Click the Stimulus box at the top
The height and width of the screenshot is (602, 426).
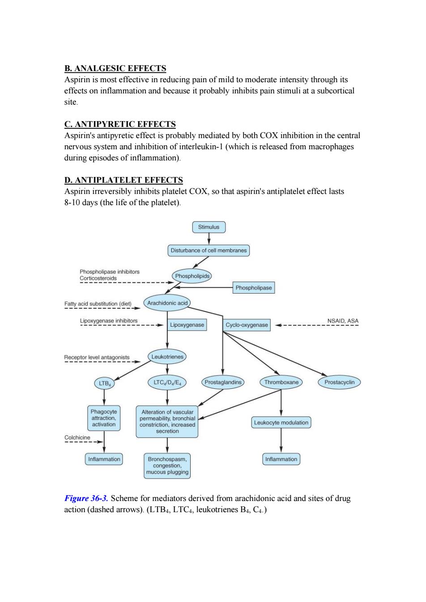pos(209,227)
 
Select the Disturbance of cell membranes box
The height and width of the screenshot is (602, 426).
pos(209,250)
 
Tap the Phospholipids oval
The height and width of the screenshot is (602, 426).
pos(192,276)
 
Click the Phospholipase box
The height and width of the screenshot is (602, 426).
pos(254,287)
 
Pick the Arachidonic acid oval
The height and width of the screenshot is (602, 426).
pos(167,303)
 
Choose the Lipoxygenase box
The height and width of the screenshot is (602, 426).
pos(187,324)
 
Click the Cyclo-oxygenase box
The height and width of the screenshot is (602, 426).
pos(247,325)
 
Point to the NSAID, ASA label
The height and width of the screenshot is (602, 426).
pos(343,321)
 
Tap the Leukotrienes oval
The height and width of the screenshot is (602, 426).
pos(167,357)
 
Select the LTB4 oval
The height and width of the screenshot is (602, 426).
pos(104,383)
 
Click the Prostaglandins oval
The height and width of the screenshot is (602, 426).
pos(223,382)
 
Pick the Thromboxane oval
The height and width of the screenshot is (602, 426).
pos(281,382)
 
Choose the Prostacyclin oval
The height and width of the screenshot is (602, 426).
pos(339,382)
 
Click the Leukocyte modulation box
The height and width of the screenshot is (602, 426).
pos(281,422)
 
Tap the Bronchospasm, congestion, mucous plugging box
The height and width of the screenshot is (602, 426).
pos(167,466)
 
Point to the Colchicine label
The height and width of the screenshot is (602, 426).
pos(77,438)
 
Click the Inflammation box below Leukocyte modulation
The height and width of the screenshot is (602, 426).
pos(281,459)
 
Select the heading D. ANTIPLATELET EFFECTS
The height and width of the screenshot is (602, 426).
pos(124,180)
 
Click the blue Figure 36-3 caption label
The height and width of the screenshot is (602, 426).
pos(86,498)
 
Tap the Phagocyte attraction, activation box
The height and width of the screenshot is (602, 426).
pos(104,418)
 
